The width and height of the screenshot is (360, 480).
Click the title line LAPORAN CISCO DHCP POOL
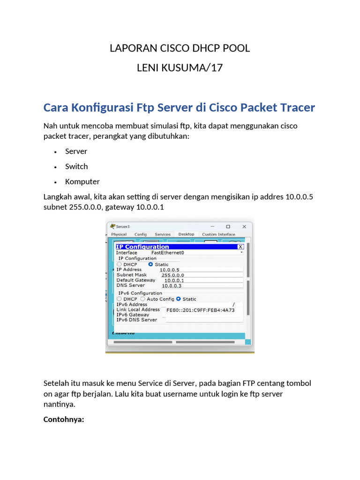tap(180, 48)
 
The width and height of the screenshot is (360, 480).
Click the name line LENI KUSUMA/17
tap(180, 68)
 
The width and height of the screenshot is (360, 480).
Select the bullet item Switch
tap(76, 166)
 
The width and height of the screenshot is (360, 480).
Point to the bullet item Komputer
tap(82, 181)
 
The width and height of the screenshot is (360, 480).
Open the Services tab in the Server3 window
tap(163, 234)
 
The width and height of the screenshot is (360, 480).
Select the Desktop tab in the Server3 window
tap(186, 234)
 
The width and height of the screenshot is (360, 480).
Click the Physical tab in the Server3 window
tap(119, 234)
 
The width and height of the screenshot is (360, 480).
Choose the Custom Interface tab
tap(218, 234)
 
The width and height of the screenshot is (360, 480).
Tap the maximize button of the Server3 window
tap(228, 226)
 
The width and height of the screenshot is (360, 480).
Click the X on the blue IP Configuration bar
tap(240, 247)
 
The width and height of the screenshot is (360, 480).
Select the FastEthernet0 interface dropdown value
tap(167, 253)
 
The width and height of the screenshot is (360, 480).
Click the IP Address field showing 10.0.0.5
tap(169, 270)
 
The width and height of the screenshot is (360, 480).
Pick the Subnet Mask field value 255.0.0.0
tap(172, 275)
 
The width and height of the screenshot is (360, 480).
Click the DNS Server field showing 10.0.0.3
tap(172, 285)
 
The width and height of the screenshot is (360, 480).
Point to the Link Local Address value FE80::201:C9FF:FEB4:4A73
tap(201, 310)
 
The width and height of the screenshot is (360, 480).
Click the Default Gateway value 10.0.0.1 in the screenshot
tap(174, 280)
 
